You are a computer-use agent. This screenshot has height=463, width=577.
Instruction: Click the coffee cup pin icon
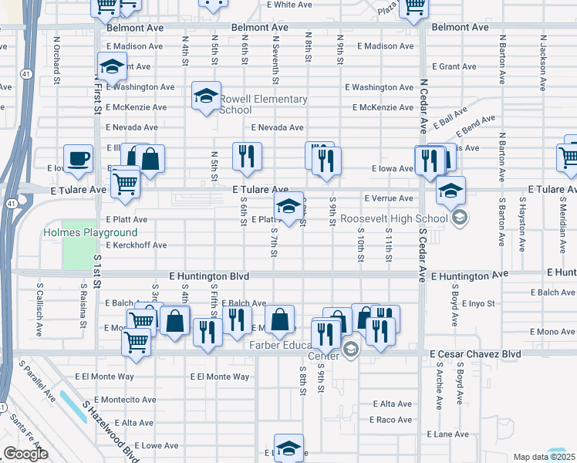coord(79,160)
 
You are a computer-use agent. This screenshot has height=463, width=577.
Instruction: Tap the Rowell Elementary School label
coord(264,104)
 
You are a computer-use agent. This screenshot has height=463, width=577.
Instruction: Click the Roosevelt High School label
coord(394,218)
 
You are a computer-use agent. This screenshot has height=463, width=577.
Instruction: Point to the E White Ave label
coord(293,5)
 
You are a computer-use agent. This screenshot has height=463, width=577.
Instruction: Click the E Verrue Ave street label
coord(389,198)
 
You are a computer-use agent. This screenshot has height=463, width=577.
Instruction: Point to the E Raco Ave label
coord(391,420)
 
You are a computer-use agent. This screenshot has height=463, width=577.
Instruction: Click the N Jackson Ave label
coord(543,56)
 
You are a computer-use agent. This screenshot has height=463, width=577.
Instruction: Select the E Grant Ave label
coord(455,66)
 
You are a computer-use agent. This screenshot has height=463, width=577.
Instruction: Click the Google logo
coord(25,454)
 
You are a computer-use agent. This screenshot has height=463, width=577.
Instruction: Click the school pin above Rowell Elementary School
coord(206,96)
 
